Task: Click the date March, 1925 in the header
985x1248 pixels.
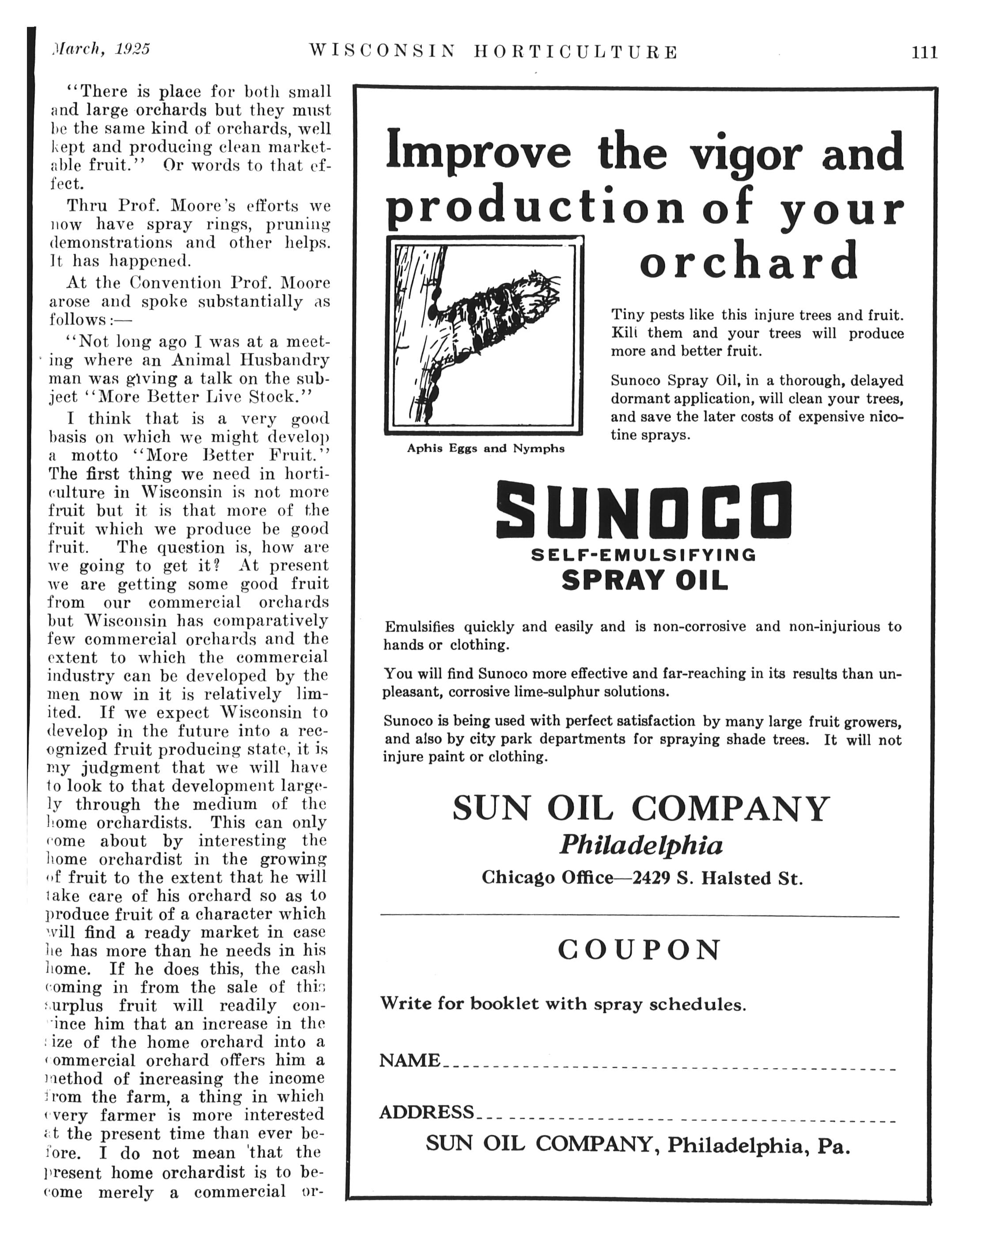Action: pyautogui.click(x=100, y=49)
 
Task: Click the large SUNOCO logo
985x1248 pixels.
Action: pyautogui.click(x=643, y=510)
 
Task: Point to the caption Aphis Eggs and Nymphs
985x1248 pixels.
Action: pyautogui.click(x=485, y=448)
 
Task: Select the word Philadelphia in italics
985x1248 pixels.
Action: pyautogui.click(x=641, y=846)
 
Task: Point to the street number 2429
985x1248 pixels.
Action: pyautogui.click(x=651, y=878)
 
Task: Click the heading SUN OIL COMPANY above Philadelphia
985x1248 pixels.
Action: pyautogui.click(x=641, y=808)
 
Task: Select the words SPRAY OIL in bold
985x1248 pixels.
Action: pyautogui.click(x=644, y=580)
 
